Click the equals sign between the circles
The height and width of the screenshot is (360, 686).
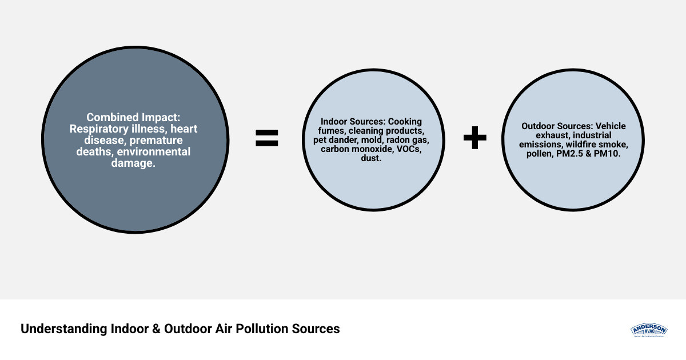[266, 138]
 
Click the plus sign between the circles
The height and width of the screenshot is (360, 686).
[474, 138]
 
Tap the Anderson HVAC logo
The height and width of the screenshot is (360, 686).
[649, 330]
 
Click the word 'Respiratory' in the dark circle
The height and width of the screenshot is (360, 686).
[101, 129]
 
